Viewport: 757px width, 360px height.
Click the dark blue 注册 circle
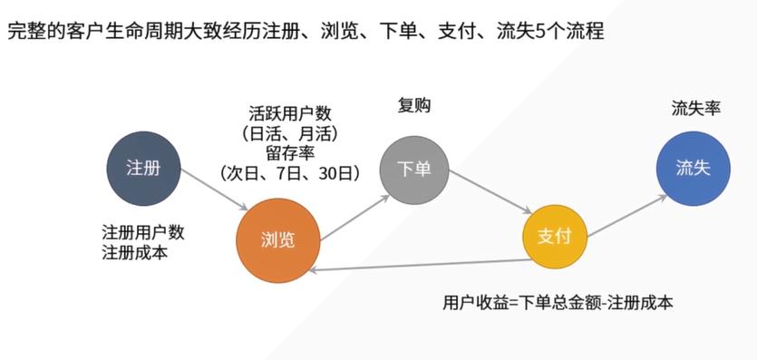click(144, 168)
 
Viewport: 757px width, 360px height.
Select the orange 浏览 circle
click(277, 239)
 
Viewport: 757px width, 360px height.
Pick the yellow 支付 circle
click(554, 237)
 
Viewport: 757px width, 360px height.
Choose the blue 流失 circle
click(693, 169)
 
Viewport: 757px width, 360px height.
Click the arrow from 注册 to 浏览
click(214, 189)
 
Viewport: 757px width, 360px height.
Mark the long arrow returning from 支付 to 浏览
click(417, 266)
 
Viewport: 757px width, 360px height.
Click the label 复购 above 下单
click(414, 105)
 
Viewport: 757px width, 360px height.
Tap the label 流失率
click(695, 108)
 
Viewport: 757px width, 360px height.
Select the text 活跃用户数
click(290, 114)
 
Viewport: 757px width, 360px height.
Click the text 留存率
click(290, 152)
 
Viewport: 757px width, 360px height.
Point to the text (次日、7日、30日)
click(290, 171)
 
